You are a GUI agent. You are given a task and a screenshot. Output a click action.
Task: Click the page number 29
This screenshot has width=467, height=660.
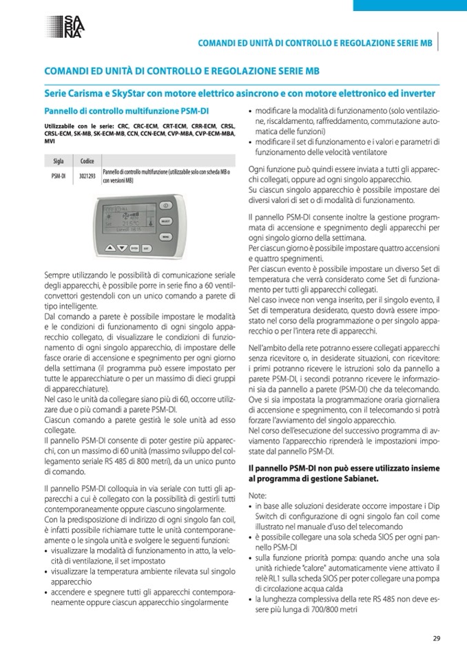[436, 638]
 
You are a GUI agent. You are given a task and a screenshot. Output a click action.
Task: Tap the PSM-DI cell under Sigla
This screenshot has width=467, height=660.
[59, 176]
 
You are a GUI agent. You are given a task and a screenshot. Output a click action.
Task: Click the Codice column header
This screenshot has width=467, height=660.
[87, 161]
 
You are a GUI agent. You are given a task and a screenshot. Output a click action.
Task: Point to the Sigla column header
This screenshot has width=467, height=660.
[59, 161]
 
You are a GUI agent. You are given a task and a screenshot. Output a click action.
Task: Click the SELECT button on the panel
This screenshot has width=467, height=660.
[165, 222]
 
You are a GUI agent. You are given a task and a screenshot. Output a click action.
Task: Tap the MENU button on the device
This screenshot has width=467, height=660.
[165, 235]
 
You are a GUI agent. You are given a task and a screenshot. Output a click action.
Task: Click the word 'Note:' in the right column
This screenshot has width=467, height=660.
[256, 496]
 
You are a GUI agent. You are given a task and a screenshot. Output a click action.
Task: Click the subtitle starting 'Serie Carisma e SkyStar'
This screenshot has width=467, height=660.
[240, 92]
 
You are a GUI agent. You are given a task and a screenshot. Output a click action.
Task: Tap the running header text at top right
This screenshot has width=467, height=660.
[315, 43]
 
